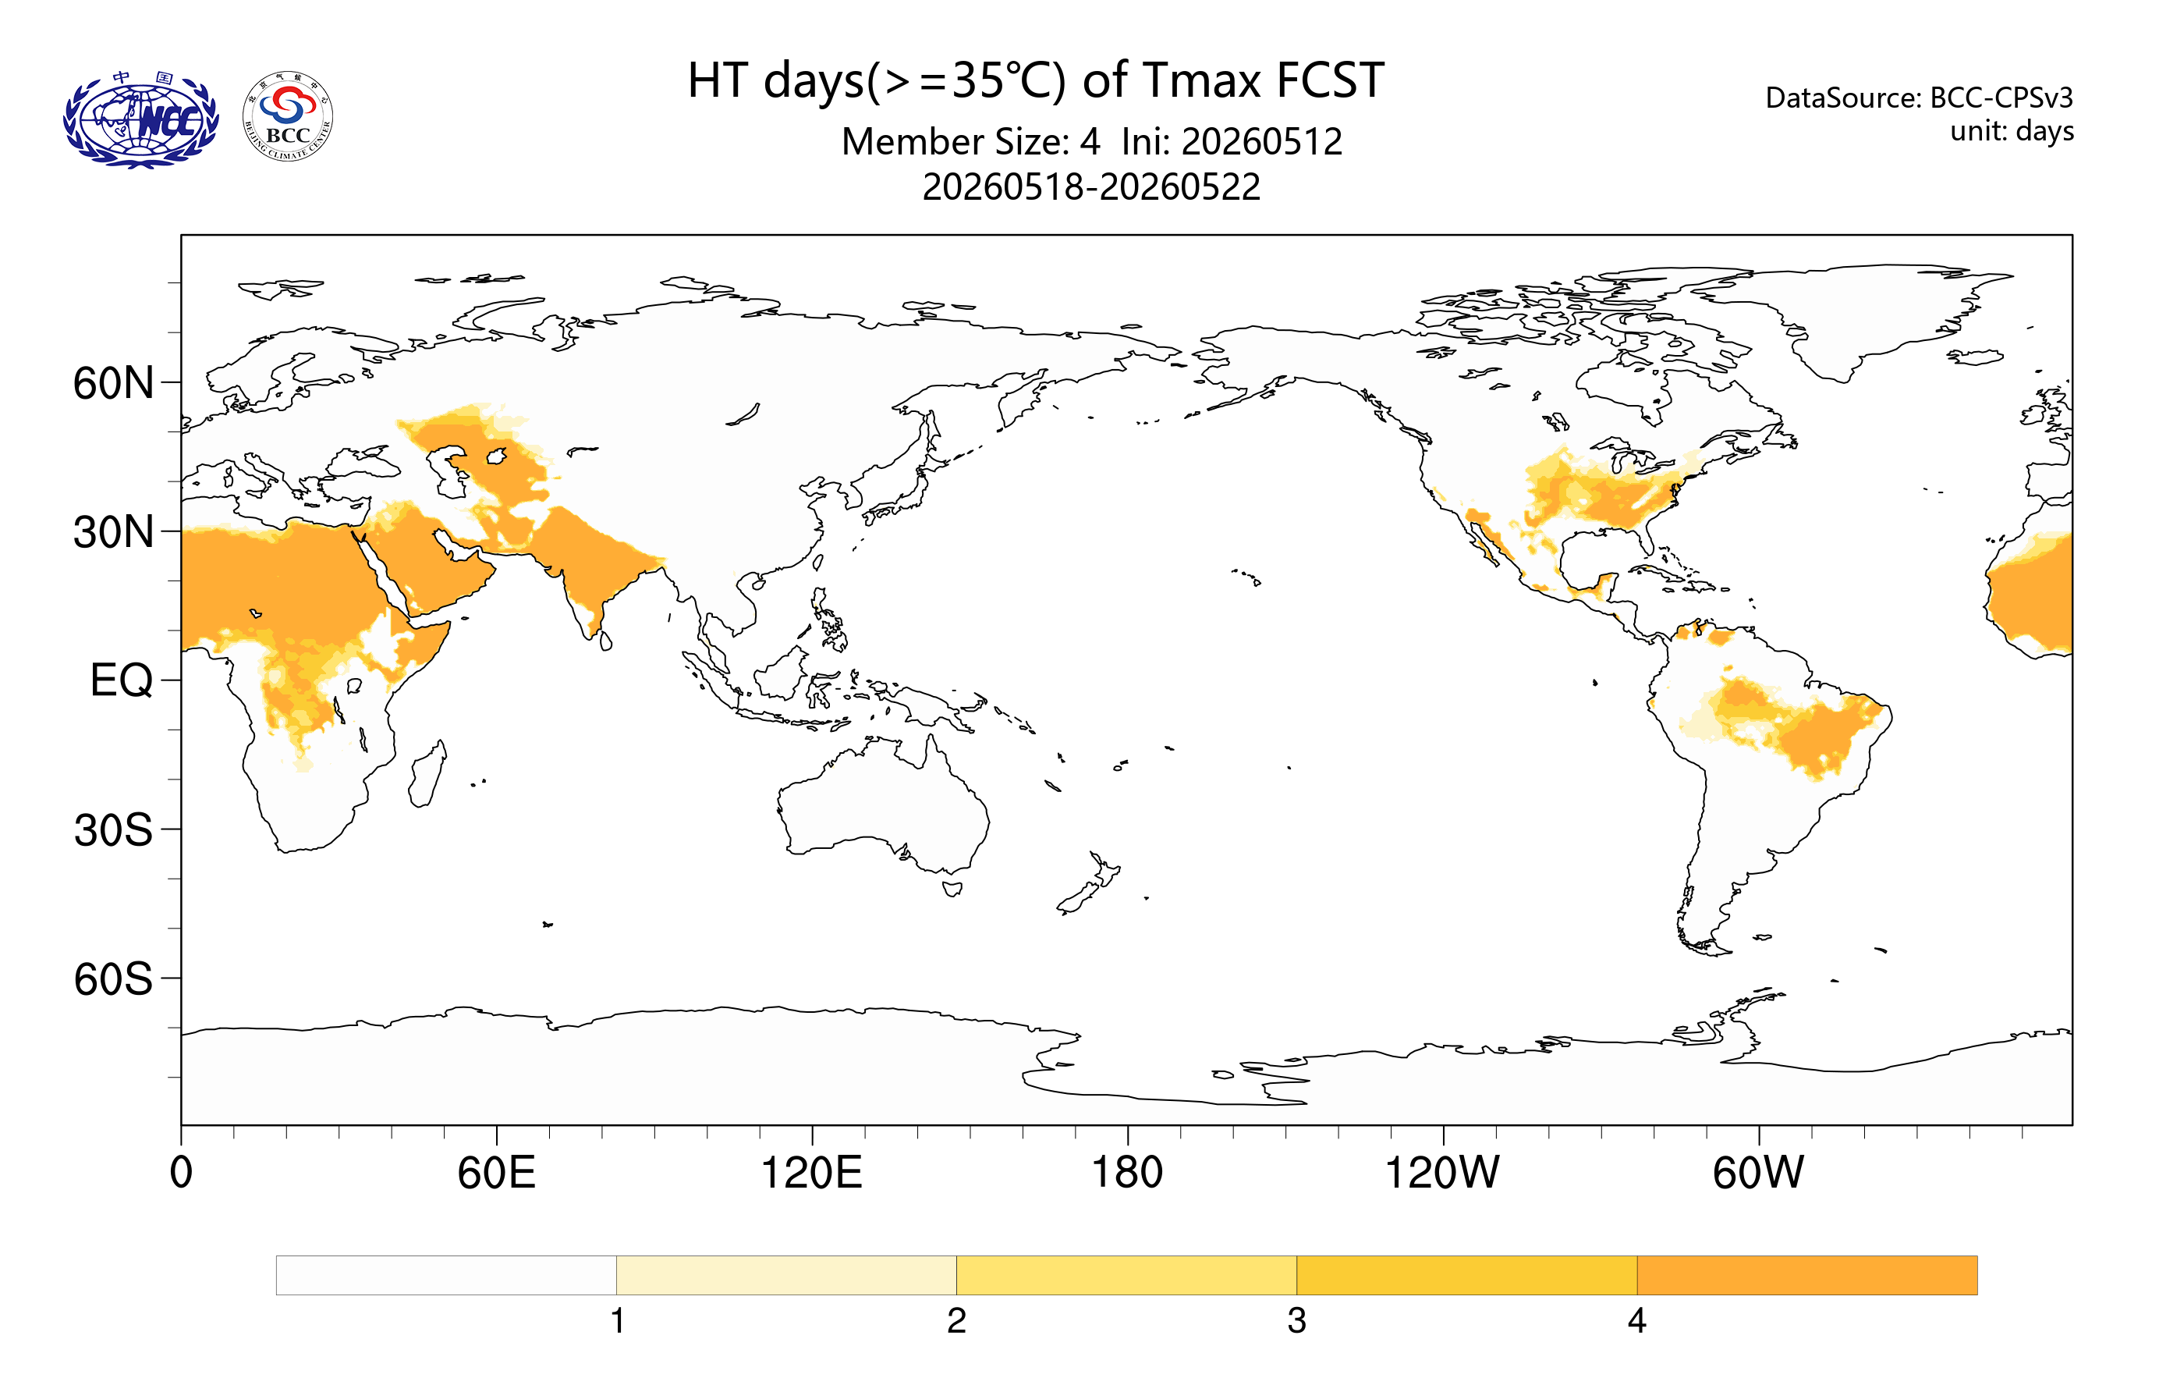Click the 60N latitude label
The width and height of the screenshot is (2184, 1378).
[x=113, y=384]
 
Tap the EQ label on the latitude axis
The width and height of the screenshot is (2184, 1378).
[x=122, y=680]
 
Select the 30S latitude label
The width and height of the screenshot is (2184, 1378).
[x=113, y=830]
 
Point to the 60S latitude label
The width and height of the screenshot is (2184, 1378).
[x=113, y=980]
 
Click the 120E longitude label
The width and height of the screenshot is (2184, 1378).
[x=812, y=1173]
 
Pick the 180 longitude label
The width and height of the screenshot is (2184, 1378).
[x=1127, y=1173]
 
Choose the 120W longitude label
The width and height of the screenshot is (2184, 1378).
[x=1442, y=1173]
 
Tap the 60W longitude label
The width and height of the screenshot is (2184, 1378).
[x=1759, y=1173]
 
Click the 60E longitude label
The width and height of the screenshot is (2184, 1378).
[x=496, y=1173]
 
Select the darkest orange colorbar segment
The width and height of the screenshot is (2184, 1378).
[x=1806, y=1276]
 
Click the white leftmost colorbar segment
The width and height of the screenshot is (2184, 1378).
[x=446, y=1276]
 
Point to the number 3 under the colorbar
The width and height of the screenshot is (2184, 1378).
[x=1297, y=1321]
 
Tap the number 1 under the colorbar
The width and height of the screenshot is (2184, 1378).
[x=618, y=1321]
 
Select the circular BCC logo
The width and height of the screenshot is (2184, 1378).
[x=289, y=116]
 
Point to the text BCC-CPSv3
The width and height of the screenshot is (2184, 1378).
[x=2001, y=97]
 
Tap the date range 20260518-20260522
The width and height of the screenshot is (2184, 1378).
[x=1091, y=186]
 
